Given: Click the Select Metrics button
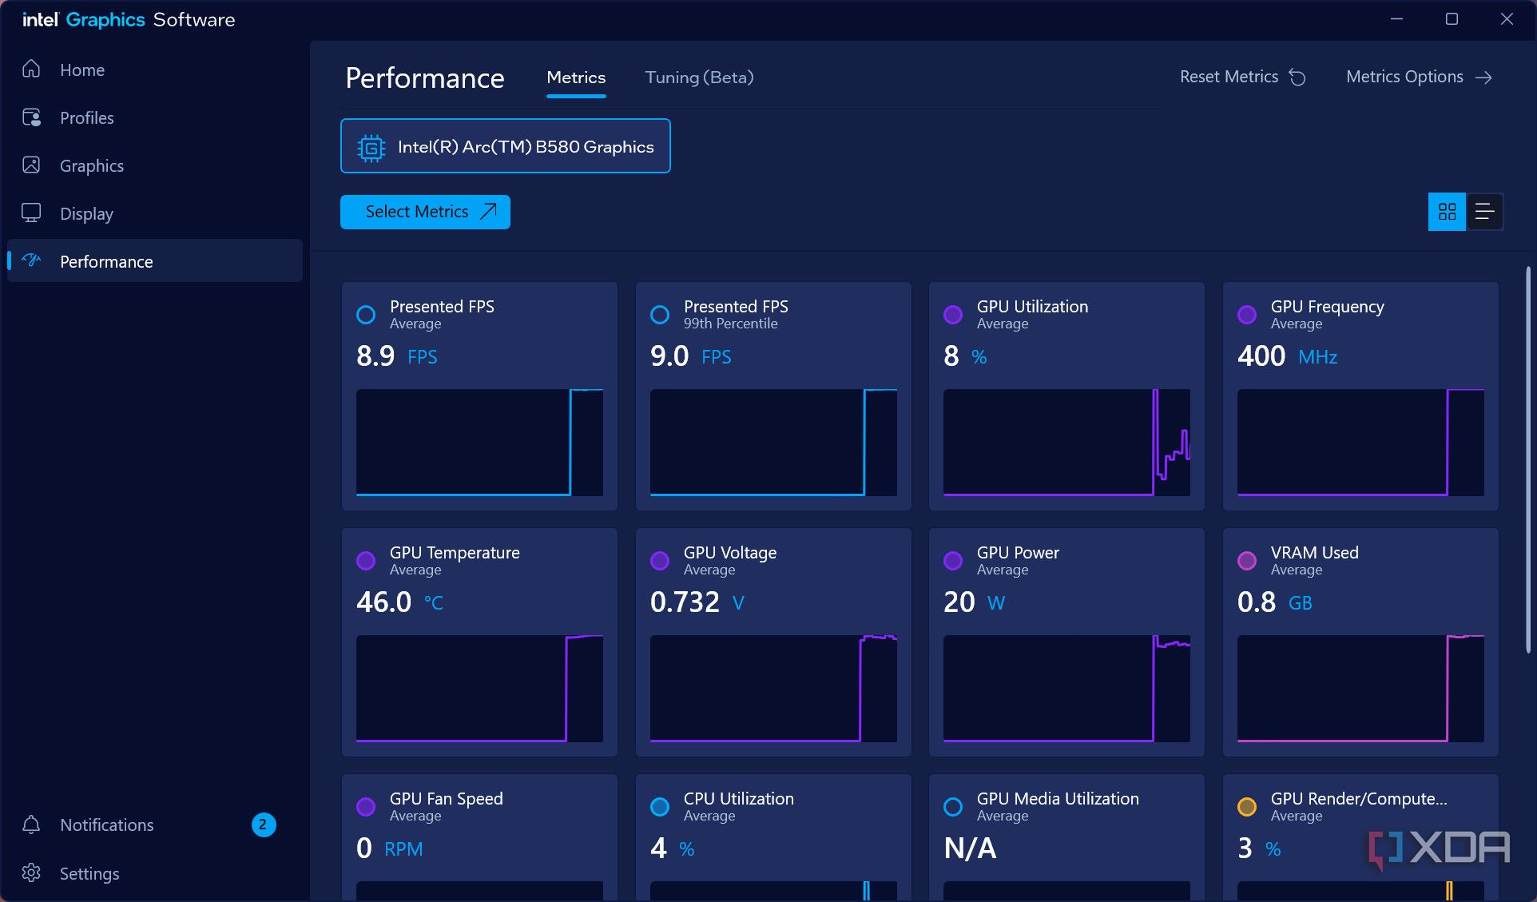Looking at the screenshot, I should (x=425, y=212).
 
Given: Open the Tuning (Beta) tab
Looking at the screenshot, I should (x=699, y=77).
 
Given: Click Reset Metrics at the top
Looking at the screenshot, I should (x=1242, y=77).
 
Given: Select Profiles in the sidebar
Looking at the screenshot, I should (x=86, y=118).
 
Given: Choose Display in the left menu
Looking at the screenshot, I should (x=86, y=214).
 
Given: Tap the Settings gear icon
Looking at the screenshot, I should (x=31, y=872).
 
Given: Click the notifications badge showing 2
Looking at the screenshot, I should (x=264, y=825).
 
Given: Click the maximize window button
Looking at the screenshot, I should (x=1452, y=19).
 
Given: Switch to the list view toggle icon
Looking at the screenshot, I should (x=1484, y=212).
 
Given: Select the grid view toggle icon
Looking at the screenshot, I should (x=1447, y=212).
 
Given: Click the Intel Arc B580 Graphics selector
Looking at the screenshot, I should (x=506, y=146).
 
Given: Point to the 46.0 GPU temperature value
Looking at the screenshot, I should (x=384, y=602).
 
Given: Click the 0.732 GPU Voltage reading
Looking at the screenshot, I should (x=685, y=602).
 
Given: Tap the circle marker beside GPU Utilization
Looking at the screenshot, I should (x=952, y=315).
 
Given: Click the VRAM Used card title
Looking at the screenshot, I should (x=1314, y=553).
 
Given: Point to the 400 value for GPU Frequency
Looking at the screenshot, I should (x=1261, y=356).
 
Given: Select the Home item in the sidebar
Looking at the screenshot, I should (x=81, y=70).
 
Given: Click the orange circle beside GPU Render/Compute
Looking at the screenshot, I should (x=1246, y=807).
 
